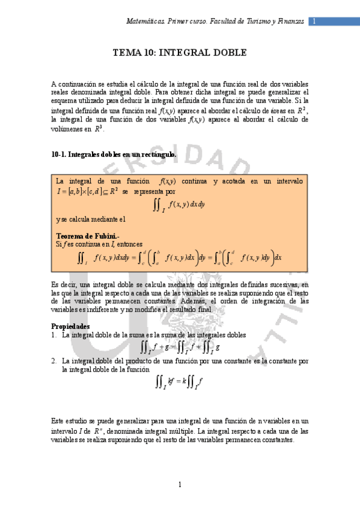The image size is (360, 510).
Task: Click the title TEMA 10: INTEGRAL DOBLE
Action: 180,53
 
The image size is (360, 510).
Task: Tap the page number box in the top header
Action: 314,21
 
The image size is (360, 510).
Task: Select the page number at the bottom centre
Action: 180,485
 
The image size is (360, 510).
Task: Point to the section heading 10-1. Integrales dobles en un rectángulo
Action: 114,155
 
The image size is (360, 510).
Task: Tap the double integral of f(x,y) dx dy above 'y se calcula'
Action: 180,205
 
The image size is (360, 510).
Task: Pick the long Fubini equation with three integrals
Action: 180,259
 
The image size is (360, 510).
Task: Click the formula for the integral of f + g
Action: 180,347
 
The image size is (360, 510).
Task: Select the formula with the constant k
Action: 180,382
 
